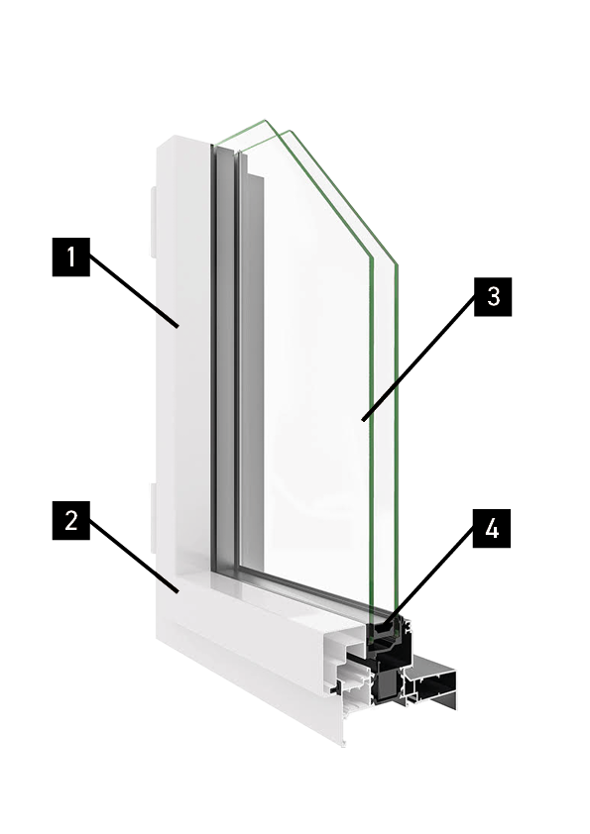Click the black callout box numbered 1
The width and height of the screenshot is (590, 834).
pyautogui.click(x=70, y=257)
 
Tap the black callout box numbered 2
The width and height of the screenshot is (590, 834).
pyautogui.click(x=70, y=520)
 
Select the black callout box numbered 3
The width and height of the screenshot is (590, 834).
pyautogui.click(x=493, y=297)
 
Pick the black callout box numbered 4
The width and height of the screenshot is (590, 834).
pyautogui.click(x=492, y=529)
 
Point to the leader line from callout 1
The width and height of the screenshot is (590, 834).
pyautogui.click(x=134, y=291)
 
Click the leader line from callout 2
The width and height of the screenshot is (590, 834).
pyautogui.click(x=134, y=556)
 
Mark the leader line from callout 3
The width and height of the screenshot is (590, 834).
pyautogui.click(x=418, y=358)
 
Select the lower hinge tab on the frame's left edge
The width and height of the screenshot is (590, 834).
pyautogui.click(x=153, y=517)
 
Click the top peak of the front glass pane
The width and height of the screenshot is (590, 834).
pyautogui.click(x=290, y=131)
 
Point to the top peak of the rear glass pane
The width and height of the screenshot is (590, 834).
pyautogui.click(x=264, y=121)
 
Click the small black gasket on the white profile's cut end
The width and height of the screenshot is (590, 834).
pyautogui.click(x=334, y=689)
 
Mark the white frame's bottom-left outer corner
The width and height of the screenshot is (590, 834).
pyautogui.click(x=157, y=637)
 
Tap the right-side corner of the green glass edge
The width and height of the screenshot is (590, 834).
pyautogui.click(x=397, y=263)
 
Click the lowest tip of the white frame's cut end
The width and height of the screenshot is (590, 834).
pyautogui.click(x=344, y=746)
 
